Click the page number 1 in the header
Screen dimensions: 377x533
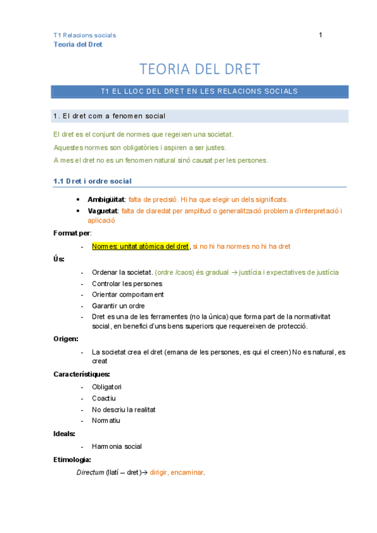(320, 35)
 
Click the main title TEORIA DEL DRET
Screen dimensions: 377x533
(199, 69)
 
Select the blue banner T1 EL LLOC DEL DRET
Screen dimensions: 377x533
(199, 92)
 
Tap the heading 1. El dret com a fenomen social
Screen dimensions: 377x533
(110, 116)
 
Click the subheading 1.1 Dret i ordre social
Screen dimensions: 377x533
(92, 181)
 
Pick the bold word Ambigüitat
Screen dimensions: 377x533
(106, 199)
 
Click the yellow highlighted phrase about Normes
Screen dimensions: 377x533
(140, 246)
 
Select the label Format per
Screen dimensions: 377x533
(72, 233)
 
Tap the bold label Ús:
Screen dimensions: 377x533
(59, 259)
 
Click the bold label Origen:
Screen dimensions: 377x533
(65, 339)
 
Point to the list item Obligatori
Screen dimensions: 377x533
(107, 387)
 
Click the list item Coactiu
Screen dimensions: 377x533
(104, 398)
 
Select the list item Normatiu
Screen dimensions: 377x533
(106, 420)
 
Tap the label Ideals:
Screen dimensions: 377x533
(65, 433)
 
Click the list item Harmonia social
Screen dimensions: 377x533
(116, 446)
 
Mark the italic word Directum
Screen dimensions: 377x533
(90, 472)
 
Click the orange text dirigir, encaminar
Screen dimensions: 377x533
(177, 472)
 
